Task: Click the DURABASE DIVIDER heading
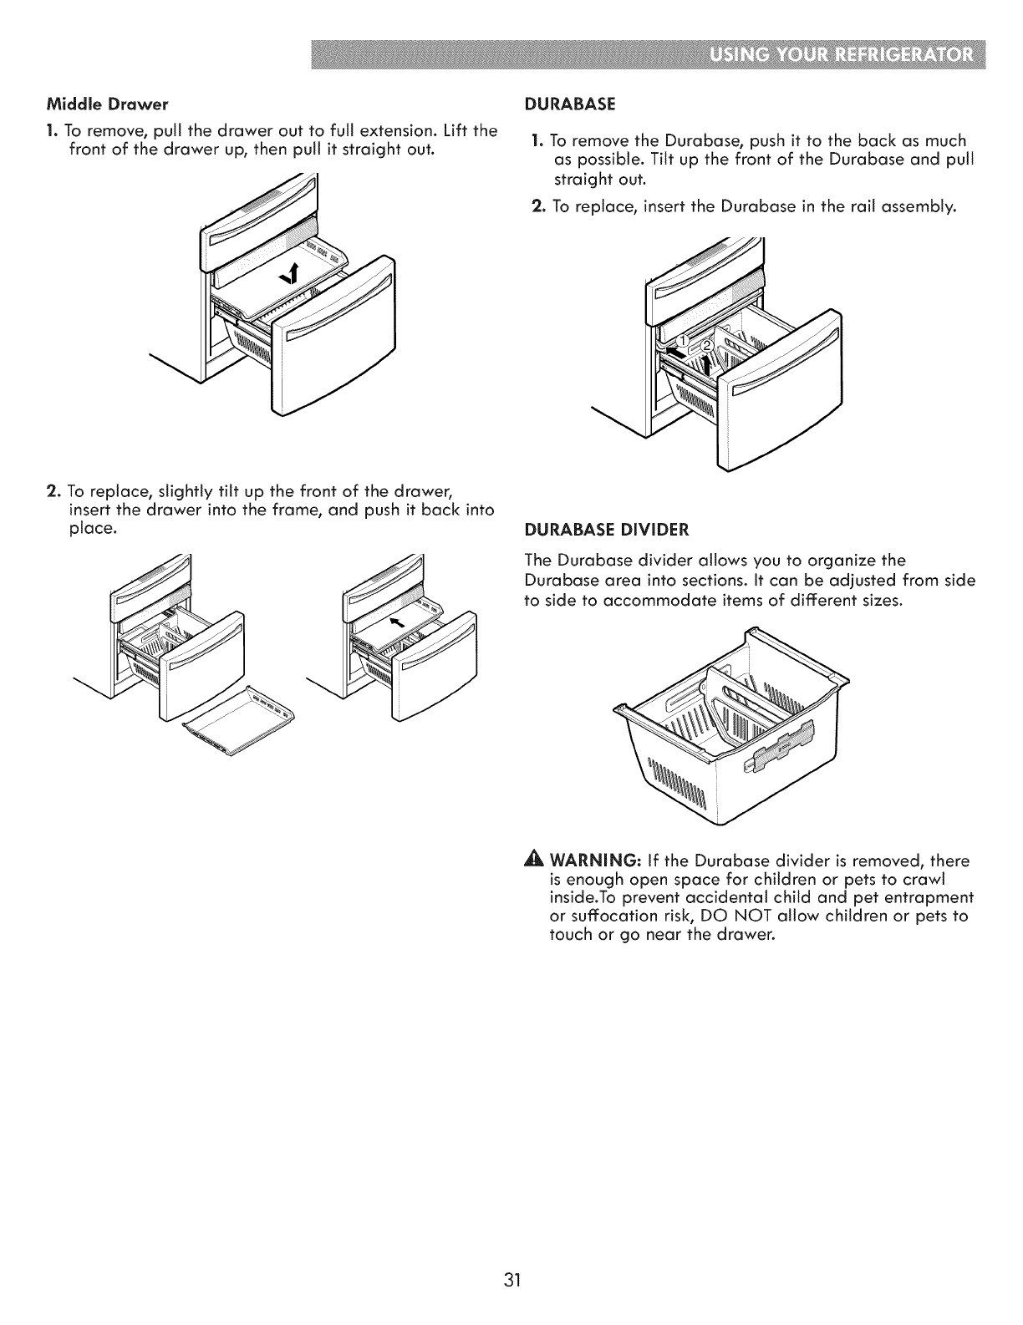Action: pyautogui.click(x=606, y=529)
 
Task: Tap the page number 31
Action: pyautogui.click(x=511, y=1234)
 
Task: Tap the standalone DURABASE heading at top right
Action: pyautogui.click(x=569, y=104)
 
